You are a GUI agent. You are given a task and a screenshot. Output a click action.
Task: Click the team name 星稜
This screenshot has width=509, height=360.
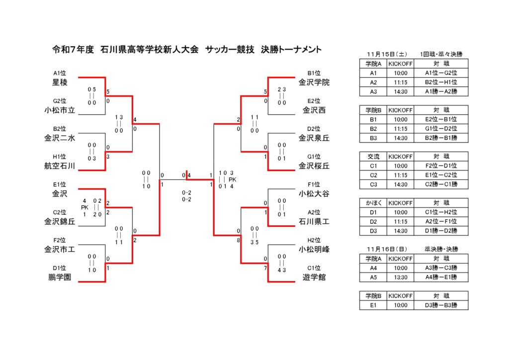click(x=60, y=82)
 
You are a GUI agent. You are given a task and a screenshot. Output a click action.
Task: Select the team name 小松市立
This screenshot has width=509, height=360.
click(x=60, y=110)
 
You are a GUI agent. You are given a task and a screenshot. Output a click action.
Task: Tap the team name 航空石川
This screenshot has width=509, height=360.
click(x=60, y=166)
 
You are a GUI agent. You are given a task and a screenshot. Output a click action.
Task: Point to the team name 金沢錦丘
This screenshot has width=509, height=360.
click(x=60, y=222)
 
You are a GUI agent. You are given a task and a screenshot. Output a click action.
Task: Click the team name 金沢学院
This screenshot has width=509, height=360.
click(x=314, y=82)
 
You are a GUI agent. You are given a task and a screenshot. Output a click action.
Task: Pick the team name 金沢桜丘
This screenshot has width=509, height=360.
click(x=314, y=166)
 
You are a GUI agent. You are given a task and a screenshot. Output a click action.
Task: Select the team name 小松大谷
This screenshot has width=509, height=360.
click(x=314, y=193)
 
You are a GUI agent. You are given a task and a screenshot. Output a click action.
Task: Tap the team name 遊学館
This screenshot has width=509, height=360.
click(x=314, y=277)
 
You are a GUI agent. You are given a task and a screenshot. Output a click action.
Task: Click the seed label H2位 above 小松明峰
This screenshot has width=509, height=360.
click(x=314, y=240)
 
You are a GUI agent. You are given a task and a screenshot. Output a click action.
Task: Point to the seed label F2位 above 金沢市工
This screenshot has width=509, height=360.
click(x=60, y=240)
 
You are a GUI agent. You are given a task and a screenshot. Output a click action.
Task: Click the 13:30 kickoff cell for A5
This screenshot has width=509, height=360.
click(x=401, y=277)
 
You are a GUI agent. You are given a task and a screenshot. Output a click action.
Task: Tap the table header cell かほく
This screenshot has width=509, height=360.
click(x=373, y=203)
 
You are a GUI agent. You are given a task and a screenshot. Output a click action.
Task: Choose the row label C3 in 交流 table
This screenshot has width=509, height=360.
click(x=373, y=184)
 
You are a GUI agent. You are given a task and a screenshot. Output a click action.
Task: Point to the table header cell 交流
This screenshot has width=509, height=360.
click(x=373, y=156)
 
